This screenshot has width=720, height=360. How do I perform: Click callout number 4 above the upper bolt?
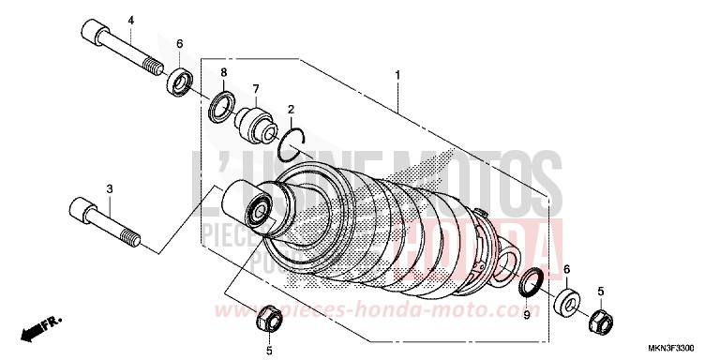tap(131, 21)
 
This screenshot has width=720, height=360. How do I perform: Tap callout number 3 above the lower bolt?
tap(109, 188)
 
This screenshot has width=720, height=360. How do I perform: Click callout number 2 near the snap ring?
tap(292, 110)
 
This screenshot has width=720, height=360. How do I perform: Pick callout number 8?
tap(223, 72)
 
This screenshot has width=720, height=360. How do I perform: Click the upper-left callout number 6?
tap(180, 43)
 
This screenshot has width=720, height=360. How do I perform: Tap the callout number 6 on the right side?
tap(565, 270)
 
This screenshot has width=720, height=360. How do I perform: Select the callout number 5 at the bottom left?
tap(269, 351)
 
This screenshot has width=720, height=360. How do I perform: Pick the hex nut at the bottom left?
tap(267, 318)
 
